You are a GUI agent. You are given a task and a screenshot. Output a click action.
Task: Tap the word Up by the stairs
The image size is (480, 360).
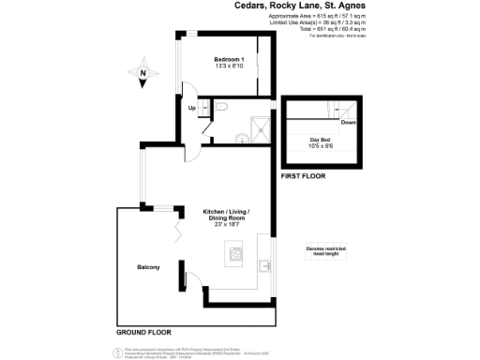(x=192, y=109)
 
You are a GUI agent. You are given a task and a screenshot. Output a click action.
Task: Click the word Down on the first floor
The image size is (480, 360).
(x=348, y=123)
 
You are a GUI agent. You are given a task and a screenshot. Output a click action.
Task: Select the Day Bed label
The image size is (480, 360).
(x=321, y=139)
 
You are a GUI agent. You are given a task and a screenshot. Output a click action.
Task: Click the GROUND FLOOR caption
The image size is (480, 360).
(x=143, y=332)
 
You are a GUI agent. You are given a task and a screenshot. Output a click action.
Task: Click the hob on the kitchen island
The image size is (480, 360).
(x=233, y=251)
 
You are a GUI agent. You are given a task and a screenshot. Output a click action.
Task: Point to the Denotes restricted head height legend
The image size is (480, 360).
(x=325, y=250)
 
